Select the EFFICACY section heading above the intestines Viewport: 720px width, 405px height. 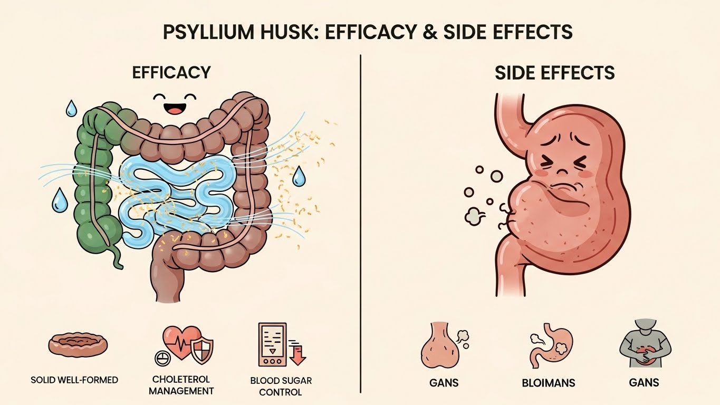171,72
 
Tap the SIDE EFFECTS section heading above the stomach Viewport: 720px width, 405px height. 554,73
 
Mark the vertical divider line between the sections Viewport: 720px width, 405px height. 360,221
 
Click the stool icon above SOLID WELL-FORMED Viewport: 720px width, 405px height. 78,345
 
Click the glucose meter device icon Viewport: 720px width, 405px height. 272,344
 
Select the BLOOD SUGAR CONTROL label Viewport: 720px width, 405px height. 281,386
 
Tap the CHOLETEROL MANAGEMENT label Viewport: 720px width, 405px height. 181,385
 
